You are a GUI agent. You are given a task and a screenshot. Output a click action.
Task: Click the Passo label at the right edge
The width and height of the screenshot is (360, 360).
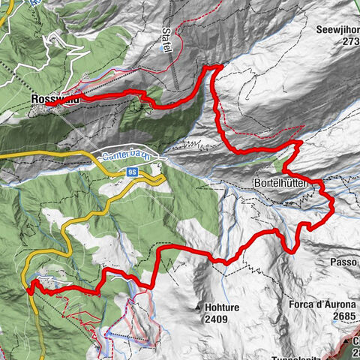[344, 262]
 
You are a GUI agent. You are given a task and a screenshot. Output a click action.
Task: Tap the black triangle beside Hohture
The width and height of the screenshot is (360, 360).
[199, 307]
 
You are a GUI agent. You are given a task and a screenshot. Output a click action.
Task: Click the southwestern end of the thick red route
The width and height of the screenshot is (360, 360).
[28, 287]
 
